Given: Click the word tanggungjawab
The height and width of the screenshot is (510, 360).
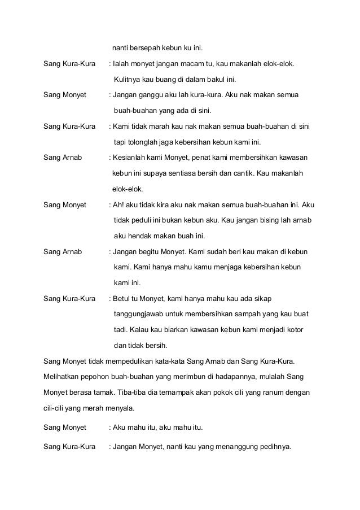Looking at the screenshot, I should [x=141, y=313].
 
